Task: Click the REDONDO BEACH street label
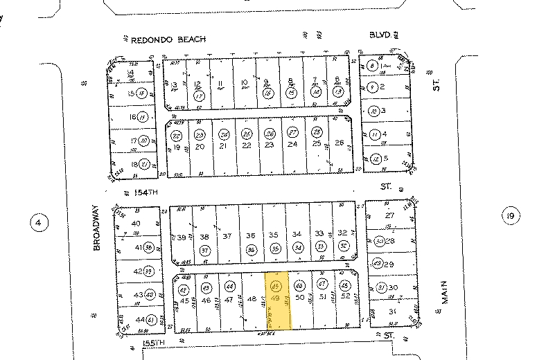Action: point(168,39)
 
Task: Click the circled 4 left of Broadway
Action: point(39,222)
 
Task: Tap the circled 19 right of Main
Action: point(511,217)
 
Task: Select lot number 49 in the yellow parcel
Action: point(276,298)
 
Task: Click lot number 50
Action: point(299,298)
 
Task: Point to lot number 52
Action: point(344,298)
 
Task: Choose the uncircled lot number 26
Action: point(340,143)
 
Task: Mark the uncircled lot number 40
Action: point(136,223)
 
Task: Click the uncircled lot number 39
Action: point(182,237)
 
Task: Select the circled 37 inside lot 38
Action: point(204,249)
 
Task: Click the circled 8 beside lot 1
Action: point(373,66)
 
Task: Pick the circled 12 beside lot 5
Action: point(375,158)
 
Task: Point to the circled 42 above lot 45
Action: point(184,289)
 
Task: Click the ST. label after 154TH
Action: point(386,186)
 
